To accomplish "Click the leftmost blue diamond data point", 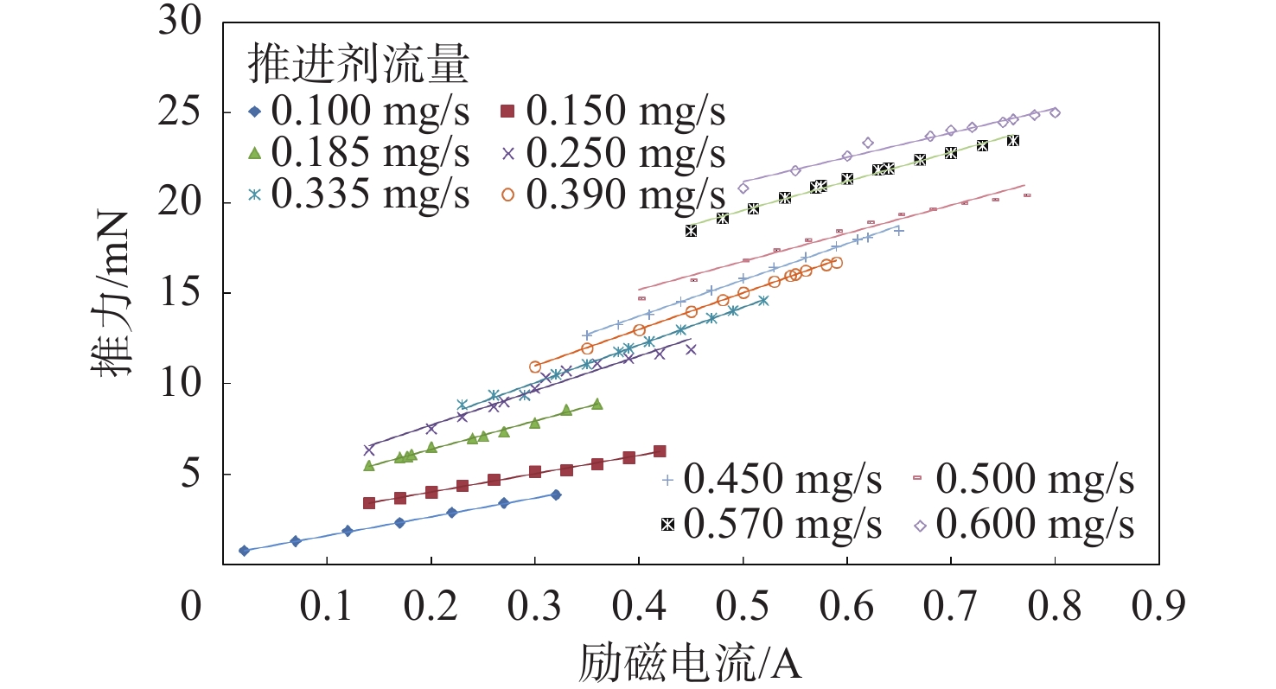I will tap(244, 551).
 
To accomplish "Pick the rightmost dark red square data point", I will tap(660, 451).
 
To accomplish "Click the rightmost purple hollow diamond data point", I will tap(1055, 112).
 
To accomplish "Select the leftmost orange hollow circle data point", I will tap(535, 367).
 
